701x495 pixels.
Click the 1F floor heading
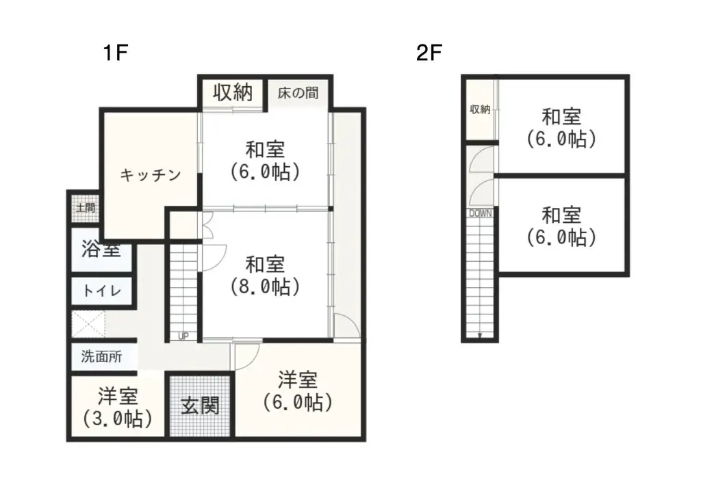[116, 53]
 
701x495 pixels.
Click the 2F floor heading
[431, 53]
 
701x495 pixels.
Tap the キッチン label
[151, 175]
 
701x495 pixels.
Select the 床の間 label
[298, 92]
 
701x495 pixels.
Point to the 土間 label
[86, 208]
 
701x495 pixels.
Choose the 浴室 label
[101, 250]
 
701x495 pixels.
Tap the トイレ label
[101, 291]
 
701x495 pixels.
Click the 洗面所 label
[101, 356]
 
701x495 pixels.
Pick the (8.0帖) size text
[265, 286]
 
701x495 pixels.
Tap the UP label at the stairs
[183, 336]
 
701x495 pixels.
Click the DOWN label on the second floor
[480, 213]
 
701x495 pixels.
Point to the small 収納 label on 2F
[480, 109]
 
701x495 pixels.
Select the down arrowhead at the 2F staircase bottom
[480, 335]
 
